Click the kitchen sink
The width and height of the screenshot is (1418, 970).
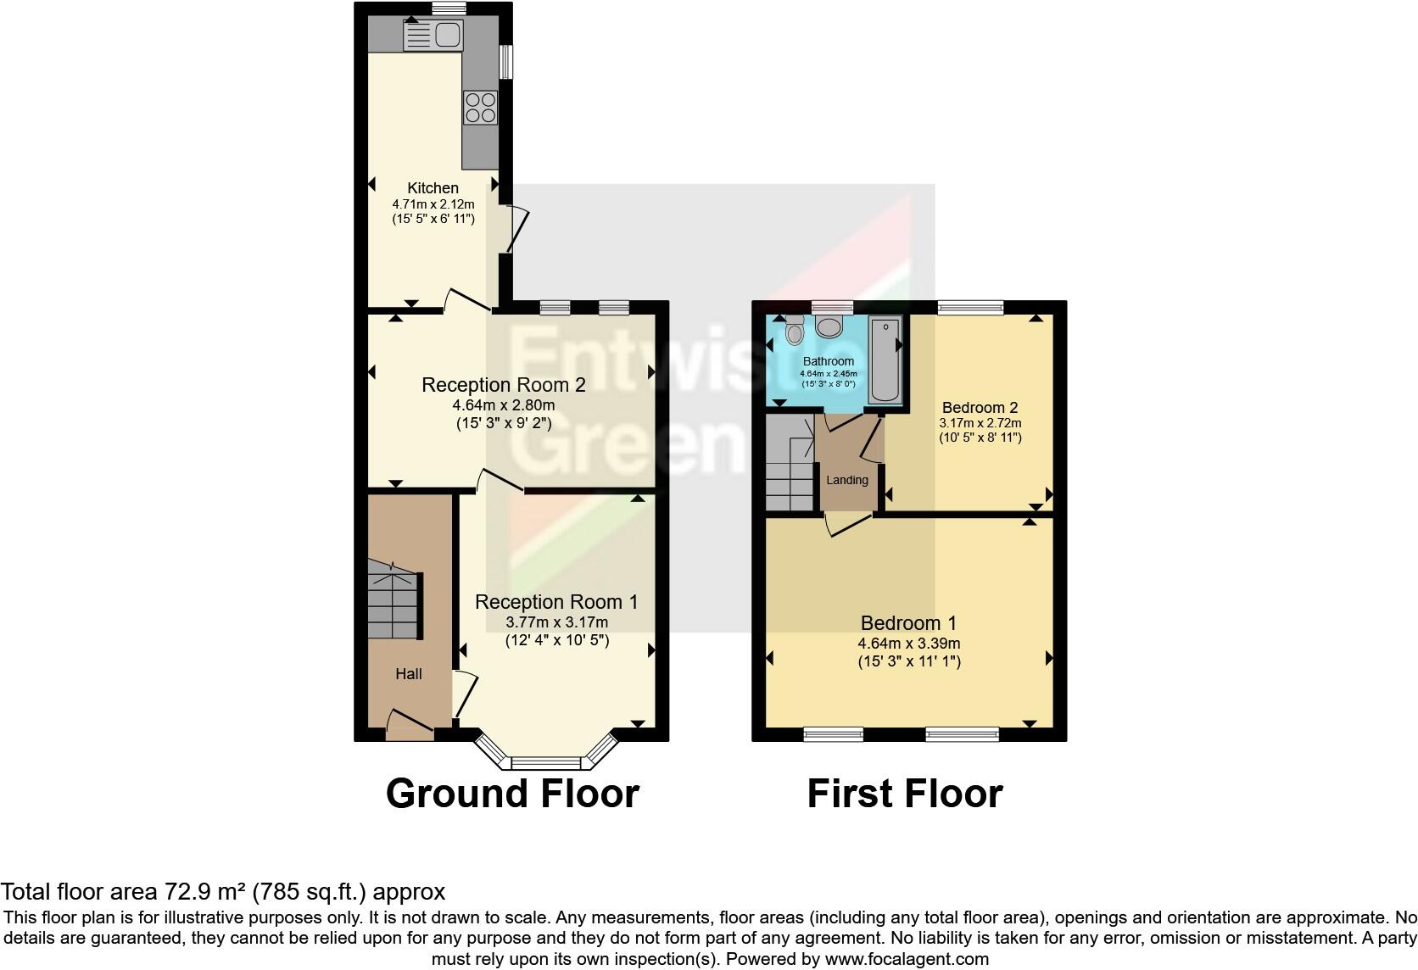point(433,35)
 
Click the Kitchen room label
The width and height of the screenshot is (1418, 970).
point(433,188)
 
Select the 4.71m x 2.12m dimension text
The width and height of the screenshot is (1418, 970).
point(433,204)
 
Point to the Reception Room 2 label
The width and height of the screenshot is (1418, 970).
point(504,385)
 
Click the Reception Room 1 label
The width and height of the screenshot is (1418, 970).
point(556,602)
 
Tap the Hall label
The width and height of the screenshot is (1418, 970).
point(409,674)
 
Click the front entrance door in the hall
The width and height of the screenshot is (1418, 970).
point(410,722)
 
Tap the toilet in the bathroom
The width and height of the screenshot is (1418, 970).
point(794,330)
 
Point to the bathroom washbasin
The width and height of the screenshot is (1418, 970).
point(829,326)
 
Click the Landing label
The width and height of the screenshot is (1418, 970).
point(847,480)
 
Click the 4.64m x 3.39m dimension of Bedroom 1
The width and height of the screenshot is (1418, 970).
point(909,644)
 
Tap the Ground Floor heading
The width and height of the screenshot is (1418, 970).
point(512,794)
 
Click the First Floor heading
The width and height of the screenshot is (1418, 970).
point(904,794)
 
